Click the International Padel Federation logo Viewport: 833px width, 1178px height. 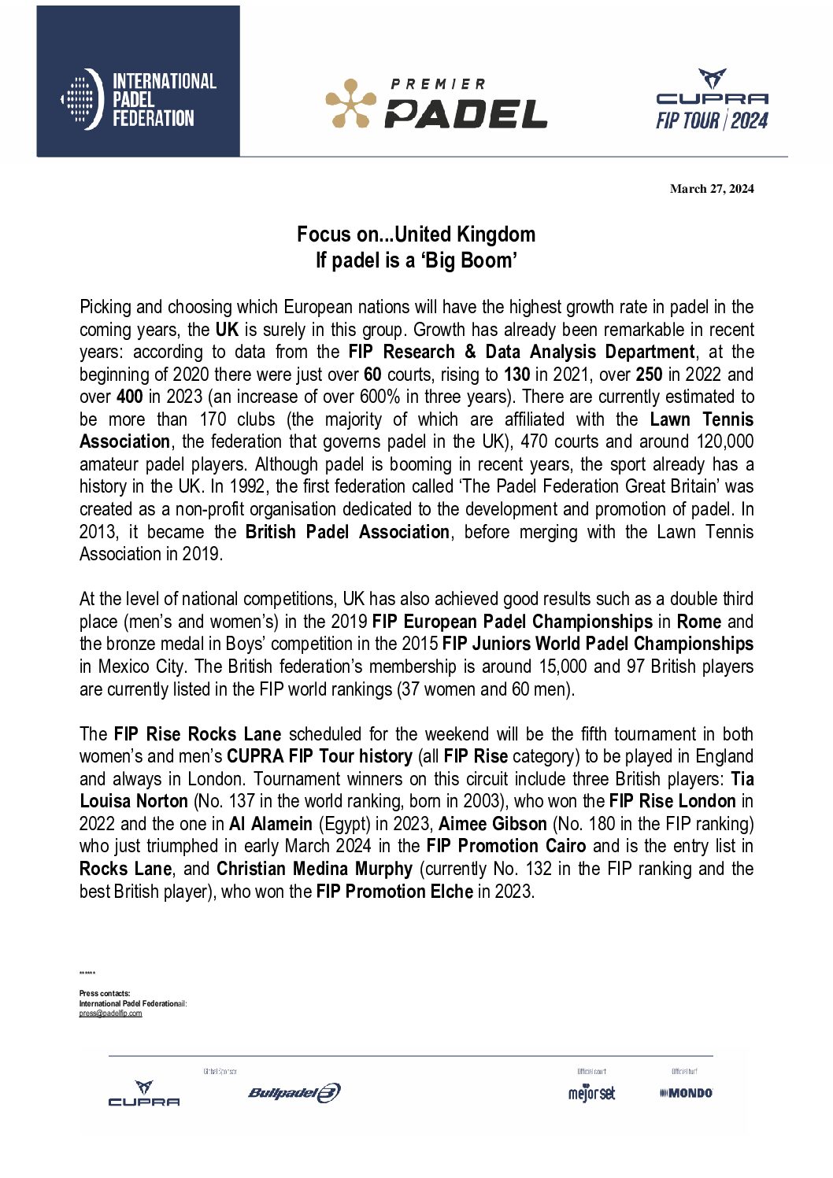[139, 99]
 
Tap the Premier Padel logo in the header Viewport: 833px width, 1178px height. [436, 104]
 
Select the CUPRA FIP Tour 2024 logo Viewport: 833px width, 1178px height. [712, 100]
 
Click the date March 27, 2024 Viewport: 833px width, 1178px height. [712, 189]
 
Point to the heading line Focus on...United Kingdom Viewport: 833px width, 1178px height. [416, 234]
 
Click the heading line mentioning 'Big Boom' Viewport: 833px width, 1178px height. [416, 260]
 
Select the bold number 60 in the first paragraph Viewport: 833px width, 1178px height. [372, 375]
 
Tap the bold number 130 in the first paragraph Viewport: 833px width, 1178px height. [516, 375]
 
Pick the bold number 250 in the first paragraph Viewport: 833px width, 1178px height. [649, 375]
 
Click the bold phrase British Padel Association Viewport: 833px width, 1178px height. [347, 532]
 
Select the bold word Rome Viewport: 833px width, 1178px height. [699, 622]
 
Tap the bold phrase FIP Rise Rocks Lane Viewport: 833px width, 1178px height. [198, 734]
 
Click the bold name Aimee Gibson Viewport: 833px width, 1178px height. [493, 824]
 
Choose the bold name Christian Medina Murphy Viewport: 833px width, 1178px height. [314, 869]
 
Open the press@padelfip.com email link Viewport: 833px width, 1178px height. [110, 1014]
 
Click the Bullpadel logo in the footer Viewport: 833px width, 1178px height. [294, 1093]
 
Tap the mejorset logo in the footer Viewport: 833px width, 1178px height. [591, 1093]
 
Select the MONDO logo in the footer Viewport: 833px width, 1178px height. [686, 1093]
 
